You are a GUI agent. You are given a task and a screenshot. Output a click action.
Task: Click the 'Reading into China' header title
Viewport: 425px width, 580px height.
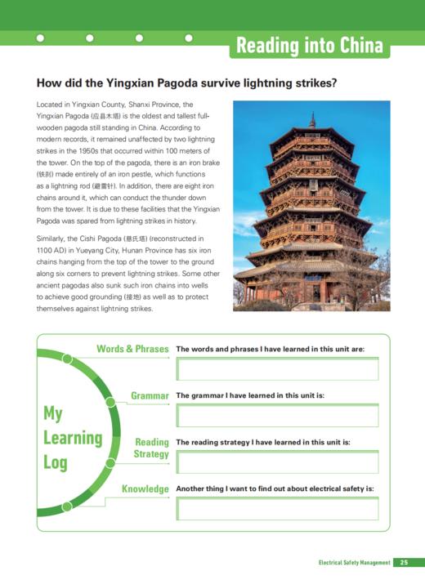(309, 46)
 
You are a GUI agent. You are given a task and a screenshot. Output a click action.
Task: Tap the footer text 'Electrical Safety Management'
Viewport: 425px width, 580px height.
(354, 562)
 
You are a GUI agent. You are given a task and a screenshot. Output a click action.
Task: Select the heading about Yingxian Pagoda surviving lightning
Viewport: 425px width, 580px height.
(187, 83)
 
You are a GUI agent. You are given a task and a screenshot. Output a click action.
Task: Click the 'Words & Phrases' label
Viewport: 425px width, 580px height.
(132, 349)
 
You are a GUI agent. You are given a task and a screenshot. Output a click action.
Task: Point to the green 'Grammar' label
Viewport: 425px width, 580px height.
(150, 395)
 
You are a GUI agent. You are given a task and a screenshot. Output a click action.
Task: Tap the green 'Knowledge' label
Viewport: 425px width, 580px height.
(145, 489)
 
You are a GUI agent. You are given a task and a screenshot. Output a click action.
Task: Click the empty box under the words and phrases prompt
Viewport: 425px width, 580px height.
(277, 369)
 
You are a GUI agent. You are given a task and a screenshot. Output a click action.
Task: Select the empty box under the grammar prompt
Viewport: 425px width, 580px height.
(277, 416)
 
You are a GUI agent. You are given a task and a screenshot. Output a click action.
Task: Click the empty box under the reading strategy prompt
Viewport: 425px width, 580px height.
(277, 462)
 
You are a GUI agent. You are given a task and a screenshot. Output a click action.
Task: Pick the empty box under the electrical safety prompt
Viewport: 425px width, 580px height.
(277, 509)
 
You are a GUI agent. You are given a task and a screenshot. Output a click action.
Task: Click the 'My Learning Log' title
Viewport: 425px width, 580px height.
(72, 437)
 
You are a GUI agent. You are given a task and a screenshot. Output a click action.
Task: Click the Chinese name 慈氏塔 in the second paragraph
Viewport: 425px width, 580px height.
(133, 238)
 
